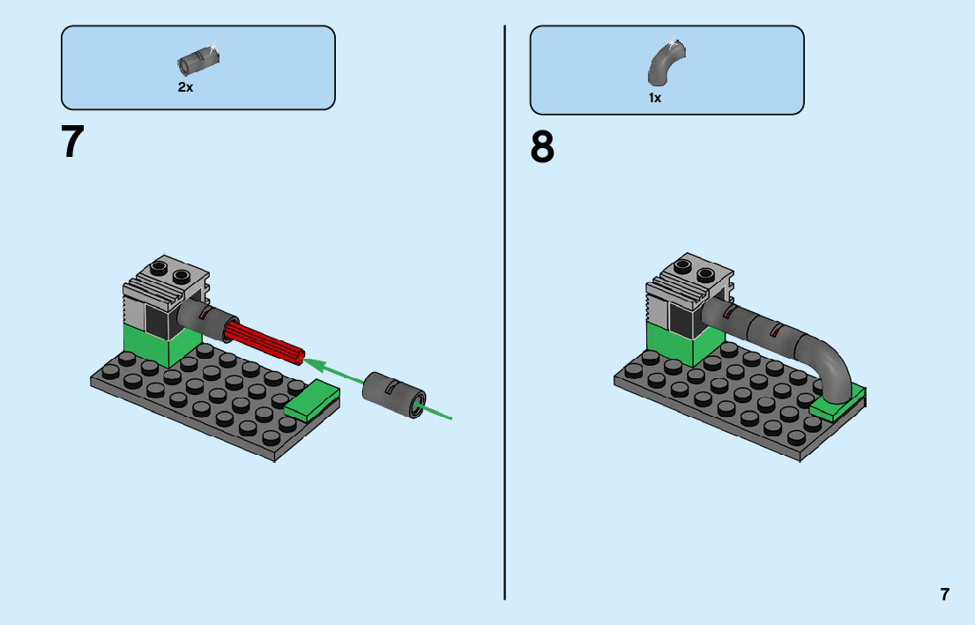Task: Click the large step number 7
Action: point(72,142)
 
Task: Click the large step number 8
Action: point(542,147)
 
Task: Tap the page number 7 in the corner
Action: point(945,594)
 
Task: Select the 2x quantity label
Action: point(185,87)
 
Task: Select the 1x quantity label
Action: point(655,98)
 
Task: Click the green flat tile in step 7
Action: point(313,401)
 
